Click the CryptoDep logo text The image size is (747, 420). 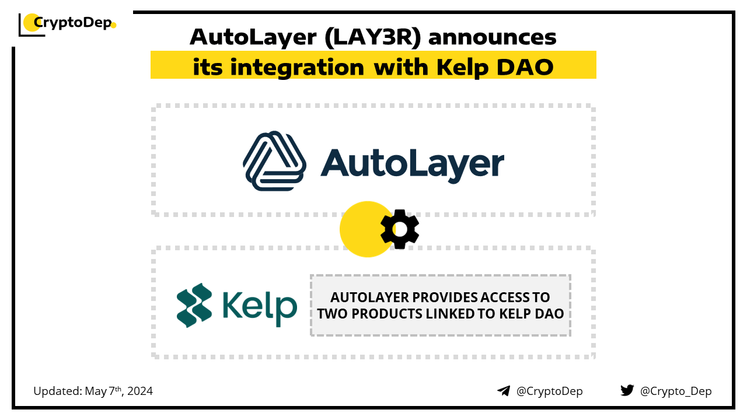click(x=72, y=23)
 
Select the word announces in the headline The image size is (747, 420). click(x=495, y=37)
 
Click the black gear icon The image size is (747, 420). click(x=400, y=229)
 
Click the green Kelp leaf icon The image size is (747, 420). click(x=194, y=305)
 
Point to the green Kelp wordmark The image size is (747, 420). click(x=260, y=306)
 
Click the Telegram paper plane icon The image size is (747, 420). click(x=504, y=391)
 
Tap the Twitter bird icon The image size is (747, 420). click(x=627, y=390)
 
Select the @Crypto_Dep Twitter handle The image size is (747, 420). click(x=676, y=391)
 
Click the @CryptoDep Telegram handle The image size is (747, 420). click(x=549, y=391)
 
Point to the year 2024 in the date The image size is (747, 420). click(x=140, y=391)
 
